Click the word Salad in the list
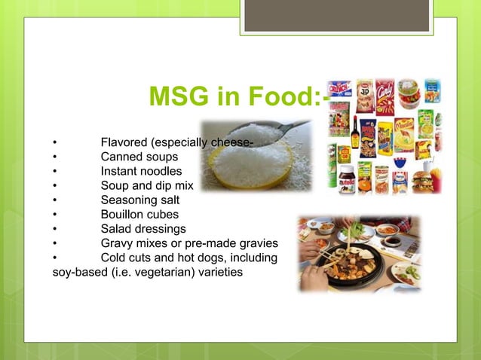pyautogui.click(x=117, y=229)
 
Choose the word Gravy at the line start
pyautogui.click(x=118, y=243)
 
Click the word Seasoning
pyautogui.click(x=130, y=200)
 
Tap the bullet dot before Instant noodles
pyautogui.click(x=54, y=172)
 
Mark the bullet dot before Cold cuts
pyautogui.click(x=54, y=258)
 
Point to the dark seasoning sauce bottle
pyautogui.click(x=354, y=134)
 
